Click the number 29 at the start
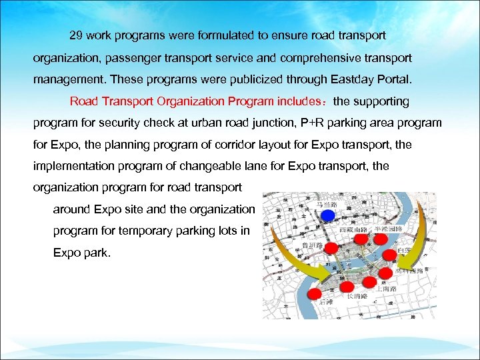[76, 34]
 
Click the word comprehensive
[324, 57]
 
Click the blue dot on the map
[327, 215]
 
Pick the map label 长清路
[356, 298]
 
